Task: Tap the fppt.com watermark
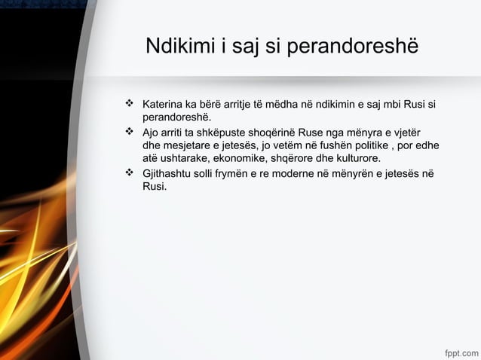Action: point(460,352)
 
